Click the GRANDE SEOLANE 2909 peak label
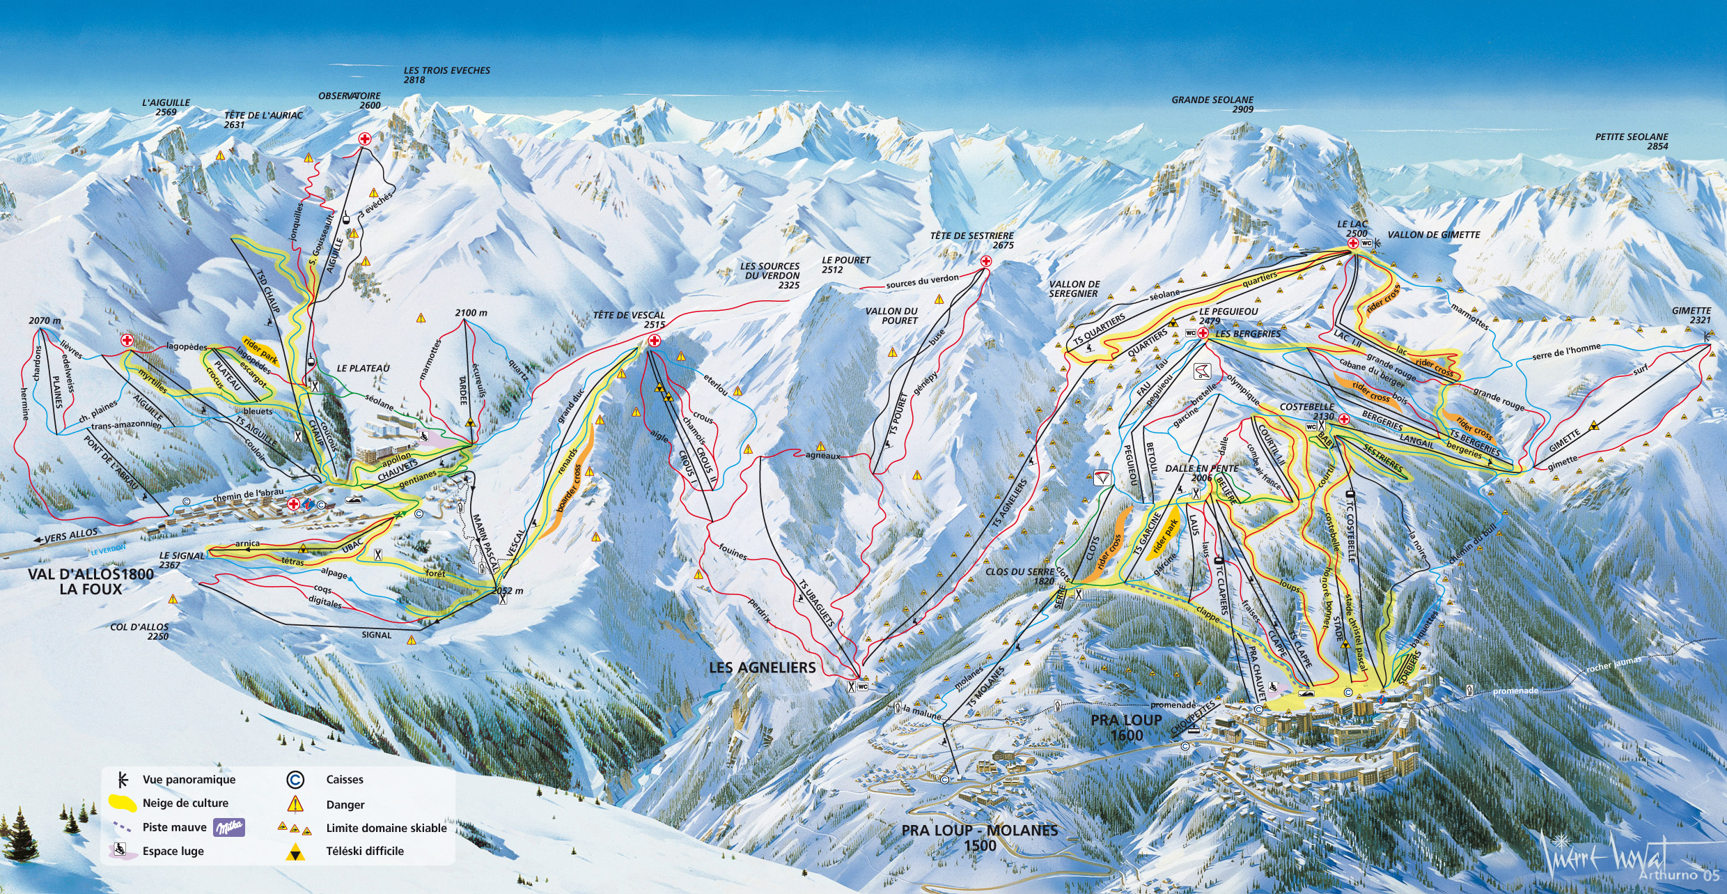pyautogui.click(x=1212, y=105)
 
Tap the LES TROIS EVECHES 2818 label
pyautogui.click(x=446, y=75)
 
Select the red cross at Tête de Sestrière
pyautogui.click(x=985, y=262)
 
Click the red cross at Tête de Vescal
pyautogui.click(x=654, y=341)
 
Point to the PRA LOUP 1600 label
pyautogui.click(x=1126, y=727)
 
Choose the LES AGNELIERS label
pyautogui.click(x=762, y=668)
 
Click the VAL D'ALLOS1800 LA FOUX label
pyautogui.click(x=91, y=582)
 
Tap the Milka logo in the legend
pyautogui.click(x=229, y=827)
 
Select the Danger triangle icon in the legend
pyautogui.click(x=296, y=803)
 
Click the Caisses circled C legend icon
pyautogui.click(x=295, y=779)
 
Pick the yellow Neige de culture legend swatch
pyautogui.click(x=123, y=803)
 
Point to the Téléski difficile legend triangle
pyautogui.click(x=296, y=851)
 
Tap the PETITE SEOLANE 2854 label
pyautogui.click(x=1632, y=141)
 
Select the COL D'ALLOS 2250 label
pyautogui.click(x=139, y=631)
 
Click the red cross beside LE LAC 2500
pyautogui.click(x=1352, y=243)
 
